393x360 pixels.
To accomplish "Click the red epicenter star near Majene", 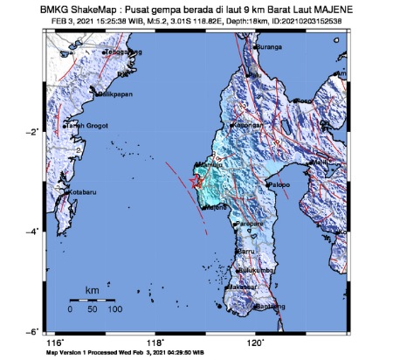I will coord(195,180).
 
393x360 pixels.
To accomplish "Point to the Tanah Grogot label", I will coord(86,126).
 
